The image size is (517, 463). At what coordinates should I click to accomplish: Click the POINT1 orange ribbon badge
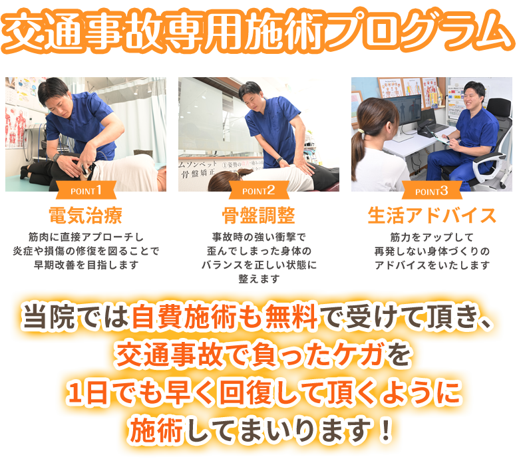point(85,192)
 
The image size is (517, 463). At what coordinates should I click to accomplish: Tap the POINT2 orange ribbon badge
point(258,192)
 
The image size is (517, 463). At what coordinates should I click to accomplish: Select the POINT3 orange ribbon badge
point(431,192)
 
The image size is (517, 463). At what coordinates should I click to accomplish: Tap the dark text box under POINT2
point(258,257)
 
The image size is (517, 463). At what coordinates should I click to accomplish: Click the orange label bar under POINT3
point(431,215)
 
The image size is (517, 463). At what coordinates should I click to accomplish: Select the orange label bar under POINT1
point(85,215)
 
